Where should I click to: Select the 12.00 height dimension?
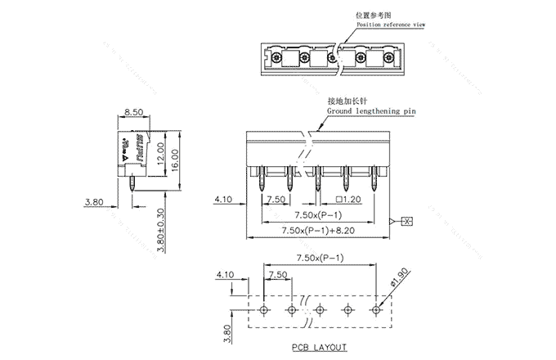162,152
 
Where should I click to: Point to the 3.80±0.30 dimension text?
160,229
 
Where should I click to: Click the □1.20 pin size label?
349,199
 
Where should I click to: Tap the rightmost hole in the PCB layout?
375,310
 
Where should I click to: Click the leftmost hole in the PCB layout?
263,310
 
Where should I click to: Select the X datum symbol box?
407,221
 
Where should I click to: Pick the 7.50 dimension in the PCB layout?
277,275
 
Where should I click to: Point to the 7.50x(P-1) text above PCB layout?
319,257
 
